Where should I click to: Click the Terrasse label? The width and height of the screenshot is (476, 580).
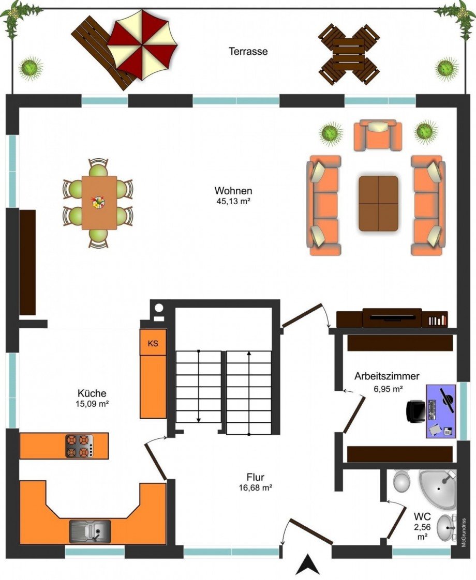248,51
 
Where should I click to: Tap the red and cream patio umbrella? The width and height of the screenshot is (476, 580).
142,44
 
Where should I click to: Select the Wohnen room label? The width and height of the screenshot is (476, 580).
233,191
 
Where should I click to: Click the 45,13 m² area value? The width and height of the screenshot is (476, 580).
233,202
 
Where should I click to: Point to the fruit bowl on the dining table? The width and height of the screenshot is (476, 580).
98,202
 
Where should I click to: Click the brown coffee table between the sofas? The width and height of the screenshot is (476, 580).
378,204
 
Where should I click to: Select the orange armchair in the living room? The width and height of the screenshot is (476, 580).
378,135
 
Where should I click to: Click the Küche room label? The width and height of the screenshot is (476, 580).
92,393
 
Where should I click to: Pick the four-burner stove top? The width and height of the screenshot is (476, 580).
79,446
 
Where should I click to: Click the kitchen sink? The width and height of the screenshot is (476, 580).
90,531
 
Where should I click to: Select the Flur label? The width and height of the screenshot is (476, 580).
256,477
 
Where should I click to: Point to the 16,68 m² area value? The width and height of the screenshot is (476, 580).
256,488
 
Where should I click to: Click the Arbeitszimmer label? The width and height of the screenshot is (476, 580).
387,376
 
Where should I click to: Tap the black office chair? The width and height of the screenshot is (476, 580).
415,411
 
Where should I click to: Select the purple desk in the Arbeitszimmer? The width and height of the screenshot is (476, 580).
440,411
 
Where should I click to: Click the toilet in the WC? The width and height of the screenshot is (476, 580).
401,481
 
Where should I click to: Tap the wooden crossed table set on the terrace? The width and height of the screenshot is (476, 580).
349,54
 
